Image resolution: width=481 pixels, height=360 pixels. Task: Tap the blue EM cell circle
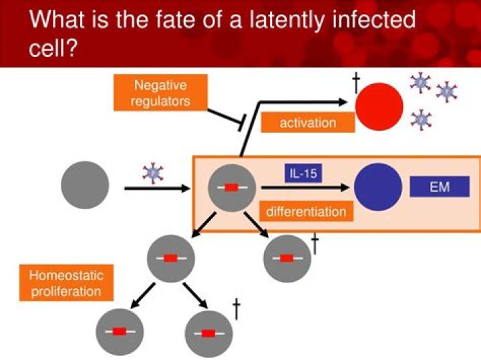[x=378, y=187]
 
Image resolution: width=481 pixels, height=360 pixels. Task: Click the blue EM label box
[x=439, y=187]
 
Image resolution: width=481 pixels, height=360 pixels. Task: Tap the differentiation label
[x=306, y=212]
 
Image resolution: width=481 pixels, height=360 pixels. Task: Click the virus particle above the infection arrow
[x=153, y=173]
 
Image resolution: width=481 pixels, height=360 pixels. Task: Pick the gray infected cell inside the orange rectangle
[x=231, y=188]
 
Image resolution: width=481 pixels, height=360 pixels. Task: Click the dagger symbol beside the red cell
[x=356, y=83]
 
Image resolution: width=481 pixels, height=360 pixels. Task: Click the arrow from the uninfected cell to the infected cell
[x=157, y=189]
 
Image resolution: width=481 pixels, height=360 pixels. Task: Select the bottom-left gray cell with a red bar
[x=119, y=331]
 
